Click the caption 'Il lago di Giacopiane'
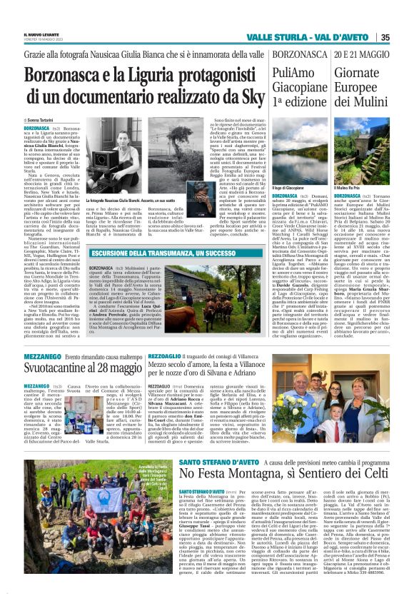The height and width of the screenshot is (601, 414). point(289,187)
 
